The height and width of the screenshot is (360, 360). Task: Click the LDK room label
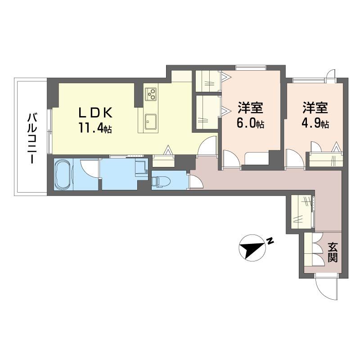pos(96,113)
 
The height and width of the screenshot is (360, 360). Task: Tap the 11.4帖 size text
pos(95,128)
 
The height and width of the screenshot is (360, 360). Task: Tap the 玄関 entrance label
pos(333,252)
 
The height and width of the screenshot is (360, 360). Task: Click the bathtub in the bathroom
pos(63,174)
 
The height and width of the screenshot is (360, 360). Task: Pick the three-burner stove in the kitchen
pos(151,94)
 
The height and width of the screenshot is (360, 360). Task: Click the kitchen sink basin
pos(150,121)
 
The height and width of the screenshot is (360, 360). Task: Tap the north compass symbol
pos(252,248)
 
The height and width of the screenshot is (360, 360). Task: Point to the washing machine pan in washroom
pos(141,168)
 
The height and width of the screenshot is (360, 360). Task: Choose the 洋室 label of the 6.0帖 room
pos(250,108)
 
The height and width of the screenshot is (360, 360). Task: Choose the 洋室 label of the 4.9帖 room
pos(315,108)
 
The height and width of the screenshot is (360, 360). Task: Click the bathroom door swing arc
pos(89,169)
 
